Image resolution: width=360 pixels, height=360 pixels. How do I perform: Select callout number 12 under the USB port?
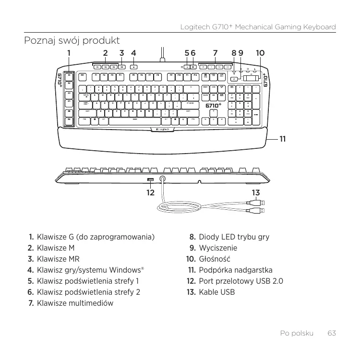pos(151,193)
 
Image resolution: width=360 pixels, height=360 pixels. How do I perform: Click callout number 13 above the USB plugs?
pos(256,193)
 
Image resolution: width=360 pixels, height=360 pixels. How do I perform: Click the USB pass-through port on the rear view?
pos(151,180)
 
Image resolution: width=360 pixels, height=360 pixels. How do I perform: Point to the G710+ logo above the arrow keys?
pos(214,106)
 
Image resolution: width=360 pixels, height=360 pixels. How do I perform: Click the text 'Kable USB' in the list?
pos(217,292)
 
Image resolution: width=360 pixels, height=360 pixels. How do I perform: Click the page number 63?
pos(331,333)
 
